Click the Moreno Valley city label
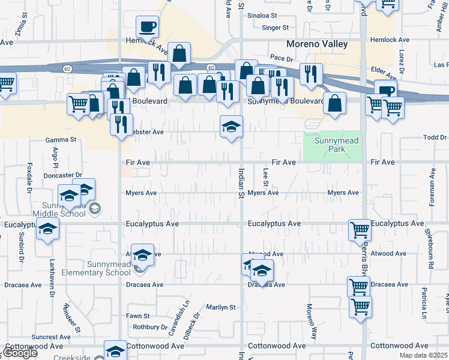316,44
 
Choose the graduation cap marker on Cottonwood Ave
115,352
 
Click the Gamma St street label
61,139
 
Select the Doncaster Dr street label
63,175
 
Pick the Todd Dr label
435,137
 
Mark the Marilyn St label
221,307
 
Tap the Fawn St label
137,316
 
